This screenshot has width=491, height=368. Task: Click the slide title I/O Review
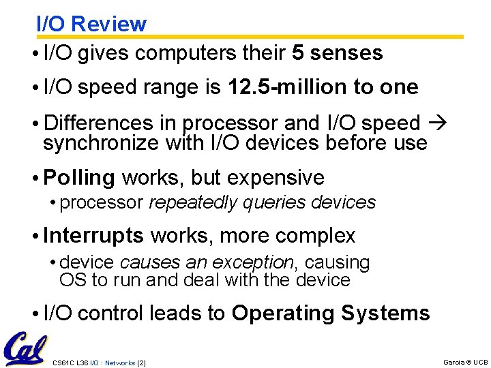coord(91,24)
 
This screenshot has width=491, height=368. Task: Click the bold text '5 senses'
coord(337,52)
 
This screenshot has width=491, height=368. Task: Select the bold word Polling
coord(79,178)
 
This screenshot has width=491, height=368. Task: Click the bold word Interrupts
coord(93,236)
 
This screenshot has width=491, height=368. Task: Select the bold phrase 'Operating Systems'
coord(331,313)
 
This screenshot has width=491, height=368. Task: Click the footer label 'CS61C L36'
coord(70,363)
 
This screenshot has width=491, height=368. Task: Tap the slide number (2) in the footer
coord(141,363)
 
